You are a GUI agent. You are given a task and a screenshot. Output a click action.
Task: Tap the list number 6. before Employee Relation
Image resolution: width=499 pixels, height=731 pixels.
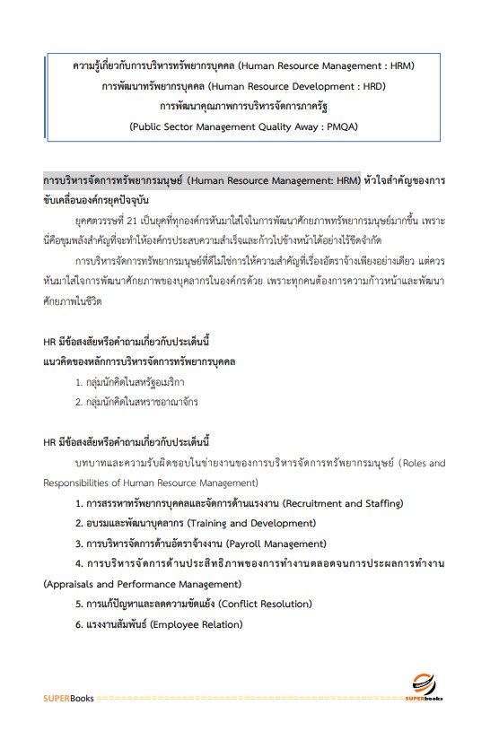(x=80, y=624)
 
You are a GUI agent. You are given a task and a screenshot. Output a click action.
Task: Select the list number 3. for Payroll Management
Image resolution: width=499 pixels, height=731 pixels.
(x=80, y=544)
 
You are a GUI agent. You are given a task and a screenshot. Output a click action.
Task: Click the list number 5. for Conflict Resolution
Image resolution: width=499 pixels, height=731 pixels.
(x=80, y=604)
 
